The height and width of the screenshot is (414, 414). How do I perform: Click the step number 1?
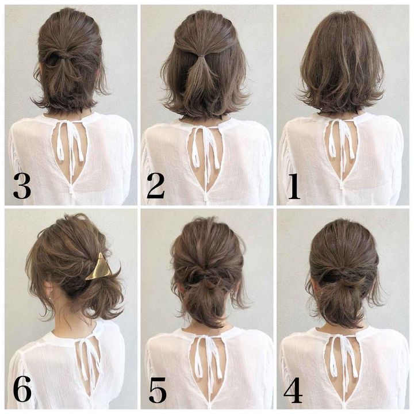pos(294,187)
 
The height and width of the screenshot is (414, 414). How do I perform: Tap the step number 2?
pos(156,186)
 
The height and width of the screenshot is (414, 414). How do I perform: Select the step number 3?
pos(22,186)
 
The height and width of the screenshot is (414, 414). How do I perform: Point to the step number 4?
pos(293,390)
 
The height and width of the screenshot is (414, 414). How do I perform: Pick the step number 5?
pos(158,390)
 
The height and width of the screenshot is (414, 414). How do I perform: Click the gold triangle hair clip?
pos(99,267)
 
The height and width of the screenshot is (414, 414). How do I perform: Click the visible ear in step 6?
pos(48,290)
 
